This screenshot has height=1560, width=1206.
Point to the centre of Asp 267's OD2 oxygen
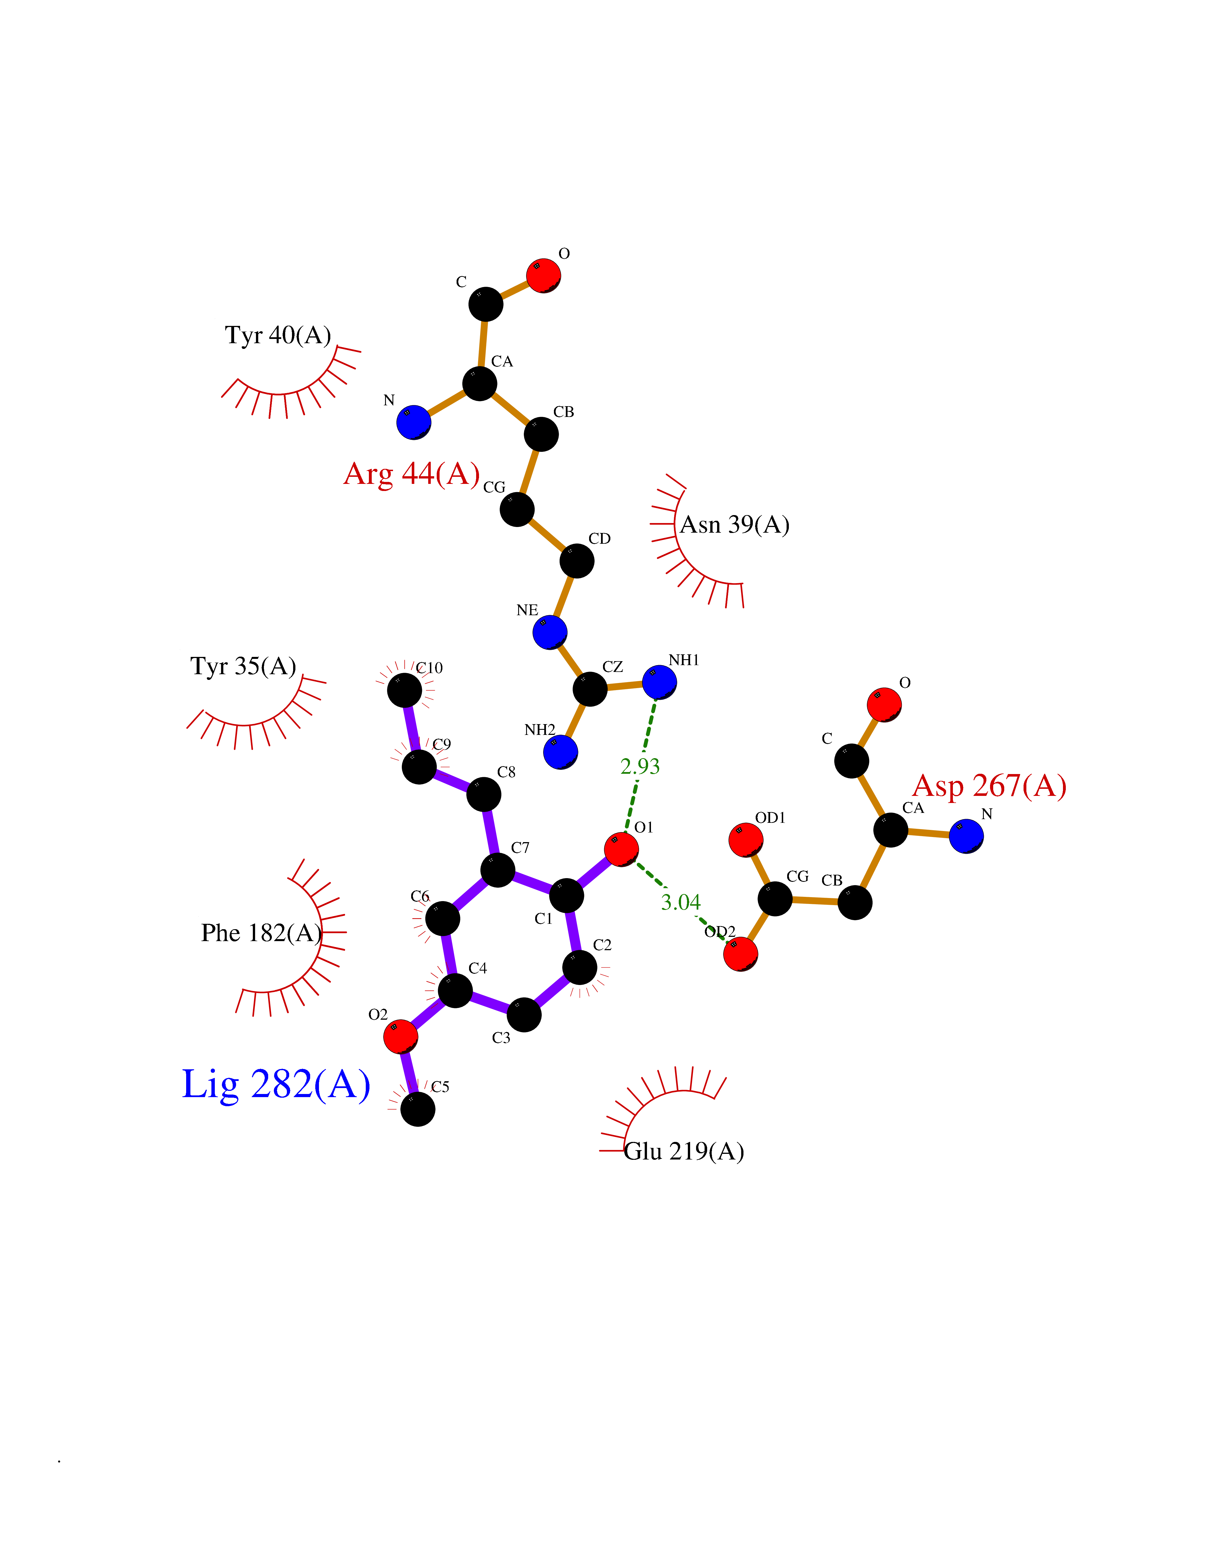coord(741,954)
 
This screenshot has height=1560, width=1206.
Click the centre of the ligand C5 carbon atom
coord(418,1109)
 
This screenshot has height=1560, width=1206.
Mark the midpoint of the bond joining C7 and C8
coord(491,832)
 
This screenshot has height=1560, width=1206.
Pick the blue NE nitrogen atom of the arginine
coord(550,632)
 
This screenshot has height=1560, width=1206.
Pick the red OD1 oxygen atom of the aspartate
coord(746,840)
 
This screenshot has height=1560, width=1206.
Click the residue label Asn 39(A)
coord(734,525)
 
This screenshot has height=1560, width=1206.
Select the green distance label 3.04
coord(681,902)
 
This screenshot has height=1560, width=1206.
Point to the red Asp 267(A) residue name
coord(989,786)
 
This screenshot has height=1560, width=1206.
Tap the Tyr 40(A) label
coord(278,335)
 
